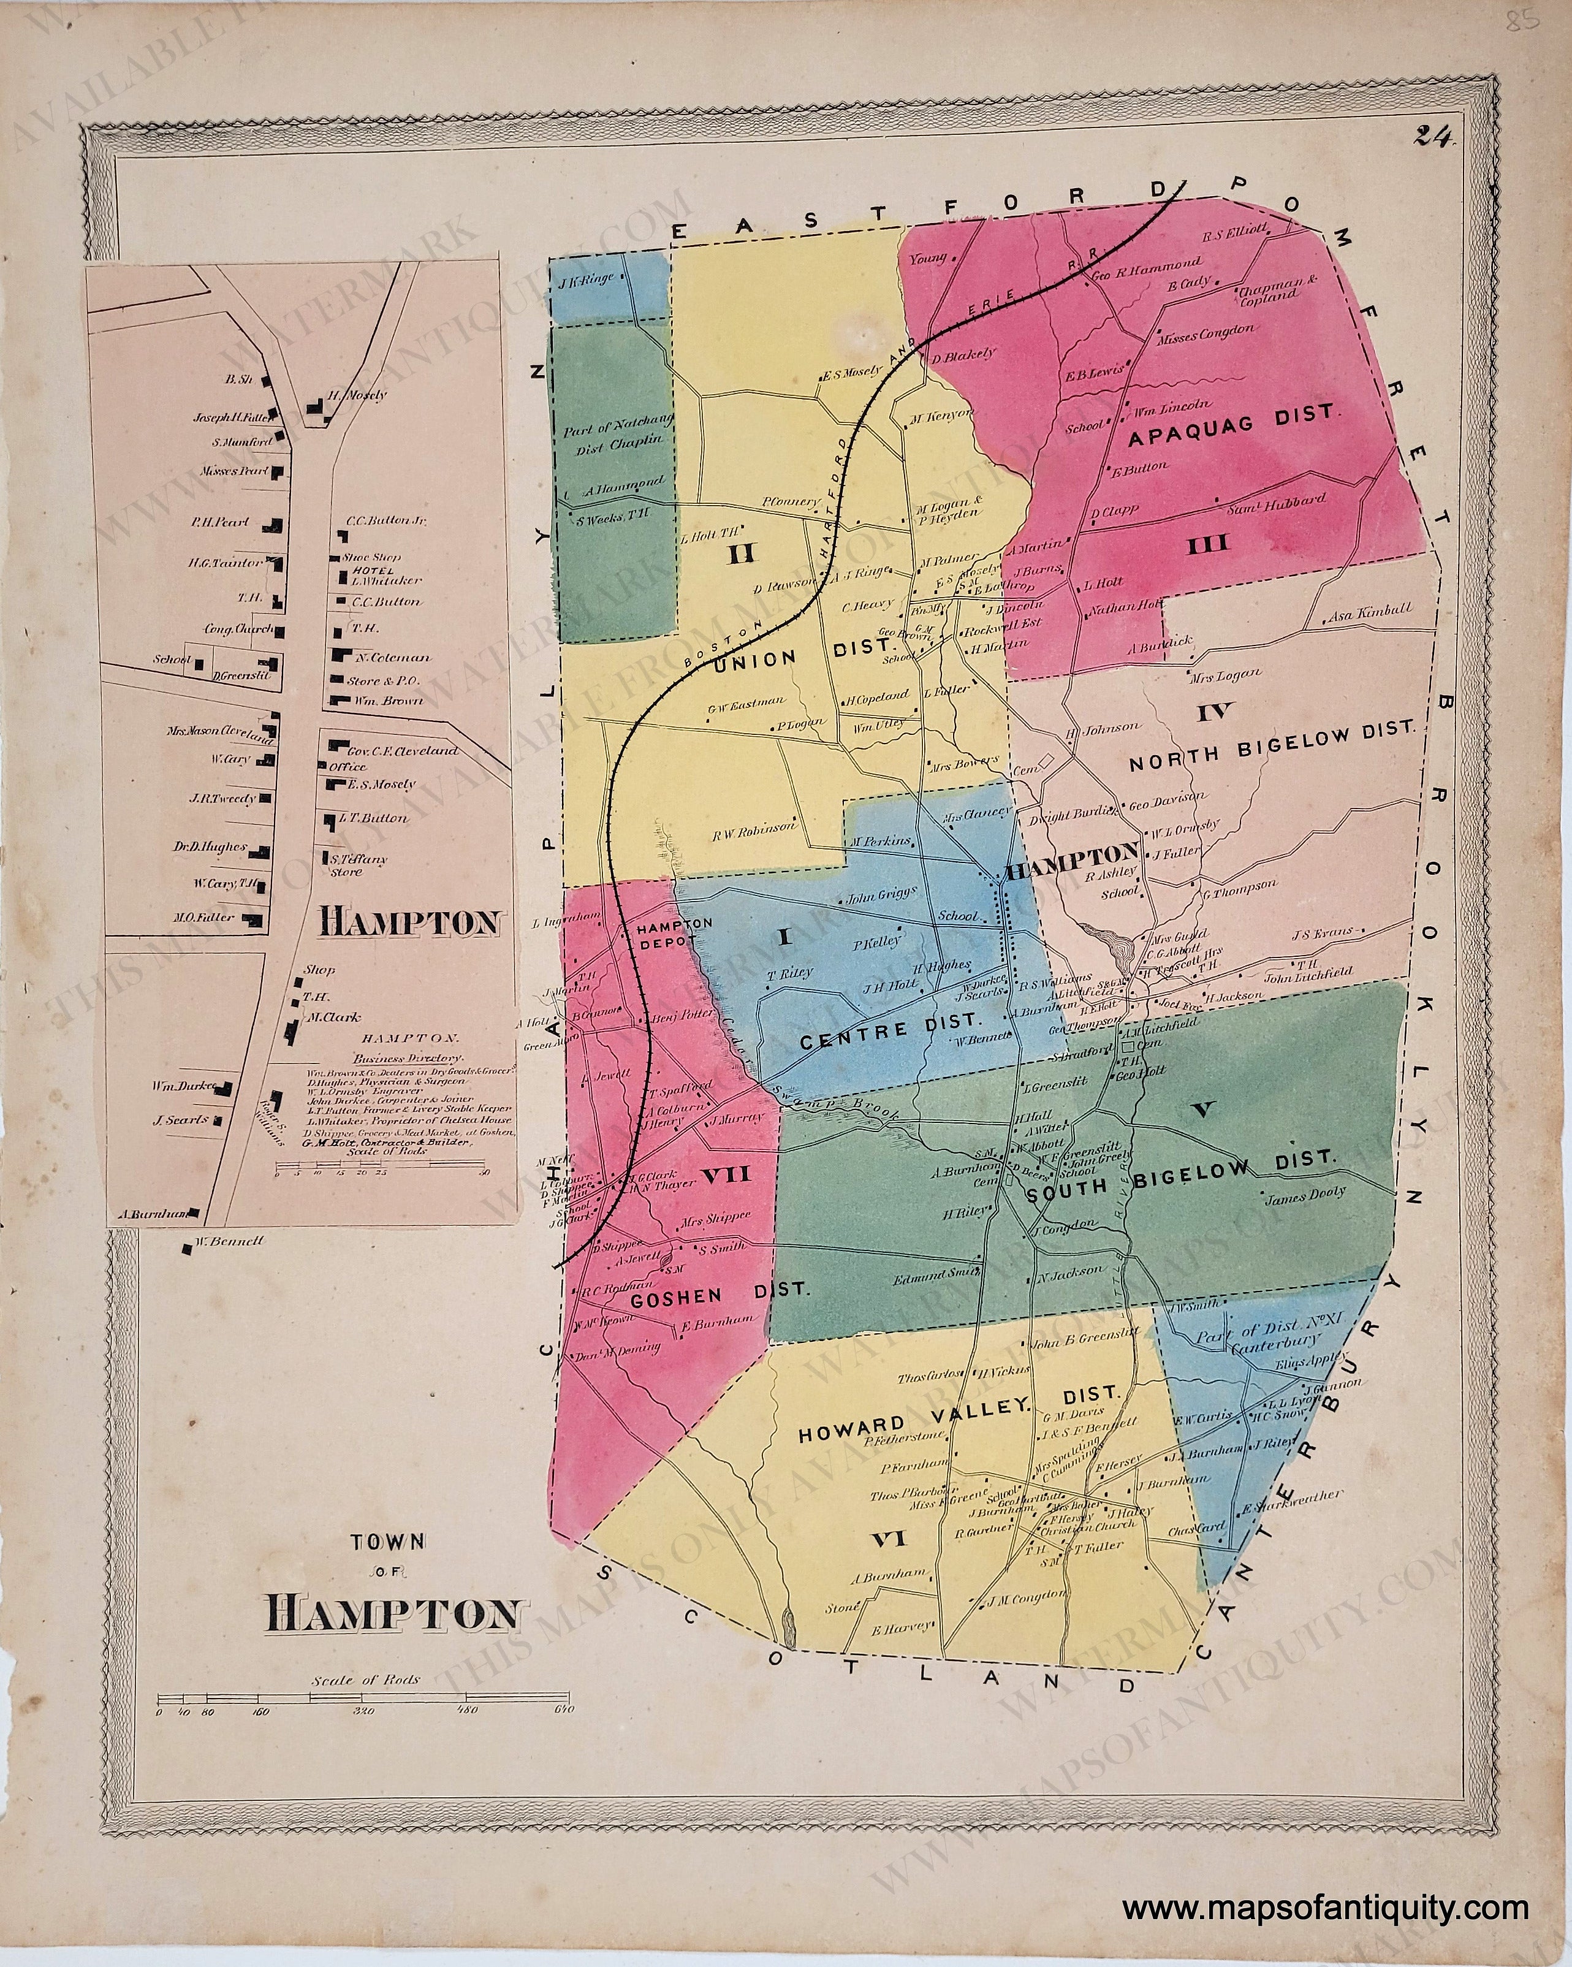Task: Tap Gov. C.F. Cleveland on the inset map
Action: point(401,751)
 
